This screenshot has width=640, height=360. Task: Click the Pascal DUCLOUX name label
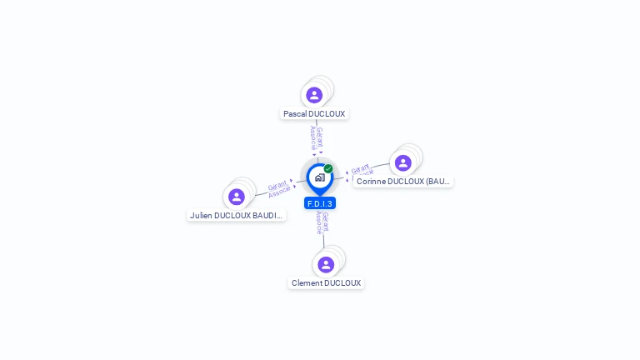(314, 114)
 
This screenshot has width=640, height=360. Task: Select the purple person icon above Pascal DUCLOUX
(314, 95)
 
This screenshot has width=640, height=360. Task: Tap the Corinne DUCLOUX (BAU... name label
(403, 181)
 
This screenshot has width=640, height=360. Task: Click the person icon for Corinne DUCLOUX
(403, 162)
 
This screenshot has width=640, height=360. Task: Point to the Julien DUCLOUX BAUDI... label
(237, 215)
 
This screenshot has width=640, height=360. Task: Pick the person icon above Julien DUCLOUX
(237, 197)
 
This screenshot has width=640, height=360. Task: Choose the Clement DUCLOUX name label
(326, 283)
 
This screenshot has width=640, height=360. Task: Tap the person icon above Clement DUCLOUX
(326, 264)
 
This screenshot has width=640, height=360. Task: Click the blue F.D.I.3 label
(320, 203)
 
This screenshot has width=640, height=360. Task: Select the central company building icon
(319, 177)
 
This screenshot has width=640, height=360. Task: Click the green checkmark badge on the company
(328, 169)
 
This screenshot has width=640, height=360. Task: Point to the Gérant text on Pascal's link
(320, 137)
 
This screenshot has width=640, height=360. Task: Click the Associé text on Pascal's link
(313, 137)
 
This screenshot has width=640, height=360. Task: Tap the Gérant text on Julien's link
(277, 185)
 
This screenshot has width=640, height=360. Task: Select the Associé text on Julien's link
(280, 192)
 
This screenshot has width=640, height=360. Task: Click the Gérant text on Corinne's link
(360, 169)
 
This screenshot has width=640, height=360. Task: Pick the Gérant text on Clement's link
(326, 222)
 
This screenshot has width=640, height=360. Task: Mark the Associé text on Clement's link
(319, 222)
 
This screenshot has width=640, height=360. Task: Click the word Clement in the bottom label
(306, 283)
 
